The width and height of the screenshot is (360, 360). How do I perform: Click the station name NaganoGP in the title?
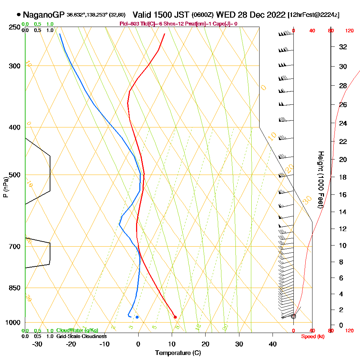pyautogui.click(x=43, y=15)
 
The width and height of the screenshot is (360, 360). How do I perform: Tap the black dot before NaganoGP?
pyautogui.click(x=18, y=15)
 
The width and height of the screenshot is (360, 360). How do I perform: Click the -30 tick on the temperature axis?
pyautogui.click(x=37, y=344)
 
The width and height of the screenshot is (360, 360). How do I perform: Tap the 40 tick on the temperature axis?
pyautogui.click(x=273, y=344)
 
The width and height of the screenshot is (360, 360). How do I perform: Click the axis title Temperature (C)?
pyautogui.click(x=178, y=353)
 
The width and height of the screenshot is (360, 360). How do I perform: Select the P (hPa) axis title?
pyautogui.click(x=5, y=187)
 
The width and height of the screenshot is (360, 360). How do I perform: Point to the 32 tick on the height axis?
pyautogui.click(x=343, y=46)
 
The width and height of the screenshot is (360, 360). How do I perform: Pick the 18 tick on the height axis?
pyautogui.click(x=343, y=177)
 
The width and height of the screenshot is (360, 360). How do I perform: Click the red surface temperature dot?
pyautogui.click(x=175, y=317)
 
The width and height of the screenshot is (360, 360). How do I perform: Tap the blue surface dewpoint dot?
pyautogui.click(x=137, y=317)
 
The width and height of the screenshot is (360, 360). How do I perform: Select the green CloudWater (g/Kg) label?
pyautogui.click(x=77, y=330)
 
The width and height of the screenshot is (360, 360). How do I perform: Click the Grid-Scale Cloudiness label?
pyautogui.click(x=81, y=336)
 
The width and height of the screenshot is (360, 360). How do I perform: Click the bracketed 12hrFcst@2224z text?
pyautogui.click(x=314, y=15)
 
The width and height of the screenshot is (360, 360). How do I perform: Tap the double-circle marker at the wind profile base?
pyautogui.click(x=293, y=316)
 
